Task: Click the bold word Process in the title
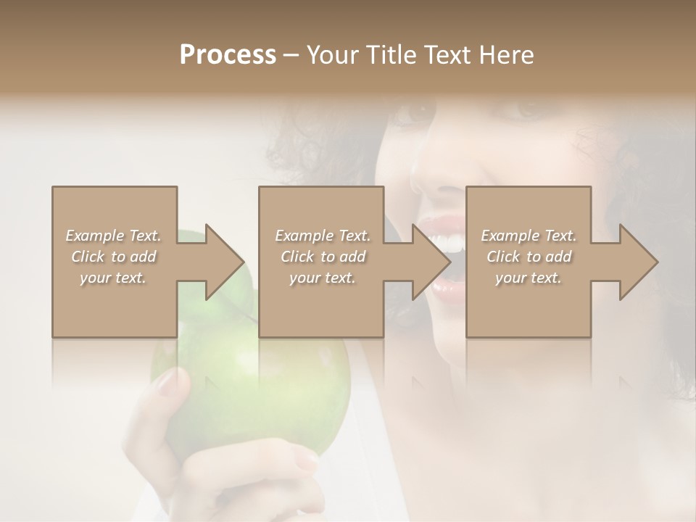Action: click(x=228, y=55)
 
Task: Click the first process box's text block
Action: click(x=113, y=257)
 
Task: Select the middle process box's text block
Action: click(x=323, y=257)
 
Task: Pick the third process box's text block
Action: click(x=529, y=257)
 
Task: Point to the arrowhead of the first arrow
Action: click(x=225, y=262)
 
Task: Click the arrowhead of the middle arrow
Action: click(x=432, y=262)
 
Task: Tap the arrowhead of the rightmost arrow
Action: click(x=639, y=262)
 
